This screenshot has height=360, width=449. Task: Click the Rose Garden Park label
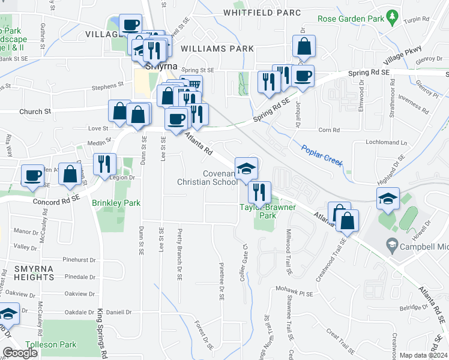351,19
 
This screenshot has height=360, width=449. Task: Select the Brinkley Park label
116,203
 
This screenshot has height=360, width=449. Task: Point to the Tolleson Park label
59,344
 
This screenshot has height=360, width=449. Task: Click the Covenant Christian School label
207,178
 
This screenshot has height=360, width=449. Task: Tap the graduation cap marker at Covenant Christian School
246,169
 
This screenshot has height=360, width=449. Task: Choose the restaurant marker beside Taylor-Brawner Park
259,192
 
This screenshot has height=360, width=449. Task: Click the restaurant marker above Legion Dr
104,163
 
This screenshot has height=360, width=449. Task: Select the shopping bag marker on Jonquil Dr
304,46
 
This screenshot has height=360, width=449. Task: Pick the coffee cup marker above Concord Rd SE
32,175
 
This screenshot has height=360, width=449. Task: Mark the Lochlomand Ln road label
386,143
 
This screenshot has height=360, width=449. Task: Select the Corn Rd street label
329,130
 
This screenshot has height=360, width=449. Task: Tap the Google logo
20,353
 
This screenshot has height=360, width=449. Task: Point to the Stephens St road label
103,88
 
